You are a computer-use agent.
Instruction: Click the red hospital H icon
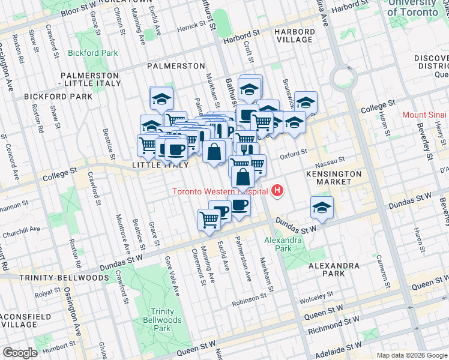tap(277, 191)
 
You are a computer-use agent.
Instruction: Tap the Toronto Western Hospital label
tap(219, 192)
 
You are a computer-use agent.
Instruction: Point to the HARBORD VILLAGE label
tap(294, 35)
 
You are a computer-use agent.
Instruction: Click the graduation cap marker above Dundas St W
tap(322, 208)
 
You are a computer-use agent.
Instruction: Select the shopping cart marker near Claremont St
tap(209, 219)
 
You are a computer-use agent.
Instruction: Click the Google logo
tap(20, 353)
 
